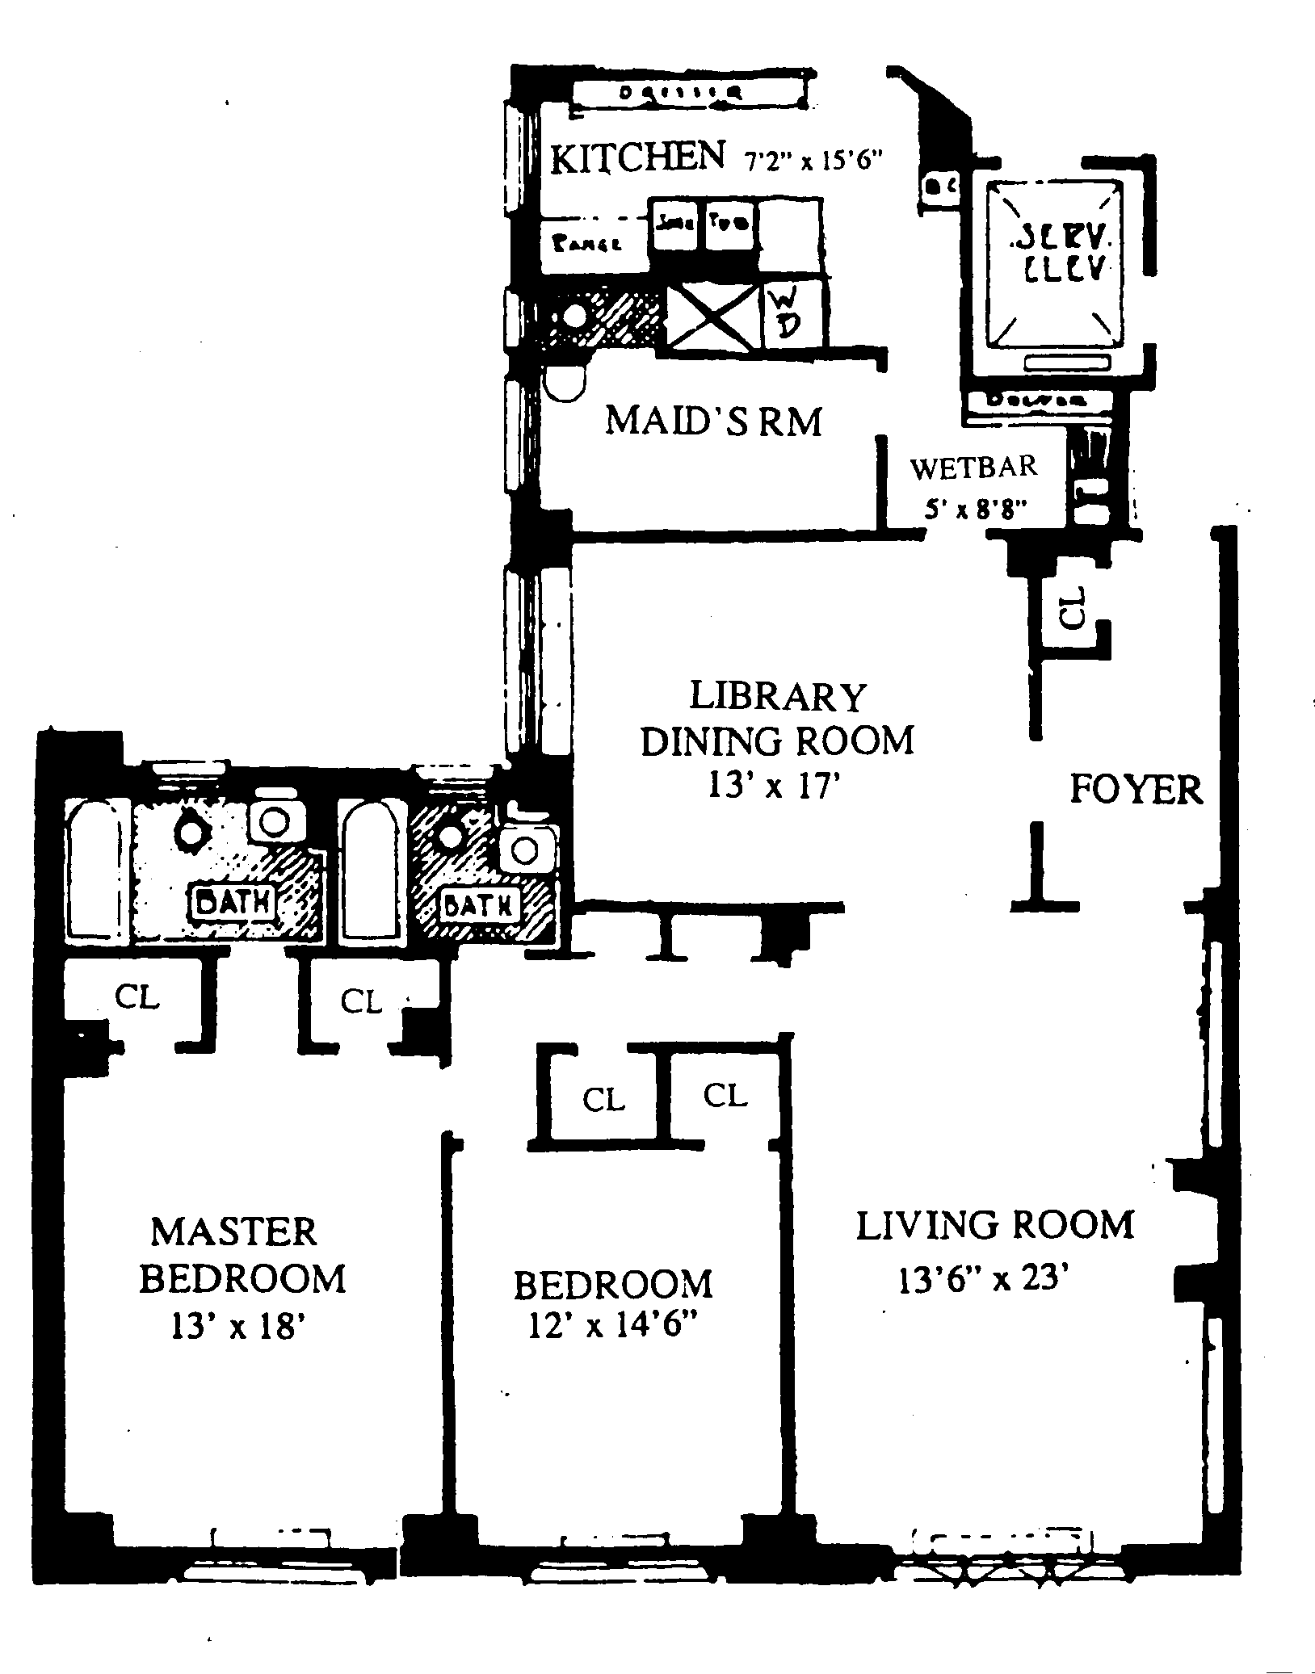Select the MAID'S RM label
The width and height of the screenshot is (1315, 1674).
coord(713,421)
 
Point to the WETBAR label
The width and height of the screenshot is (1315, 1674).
coord(973,467)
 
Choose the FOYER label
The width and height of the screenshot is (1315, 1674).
coord(1136,789)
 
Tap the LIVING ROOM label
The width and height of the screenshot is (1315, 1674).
coord(995,1225)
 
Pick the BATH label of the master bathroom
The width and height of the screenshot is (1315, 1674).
coord(233,901)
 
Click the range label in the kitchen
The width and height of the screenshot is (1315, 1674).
coord(588,243)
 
